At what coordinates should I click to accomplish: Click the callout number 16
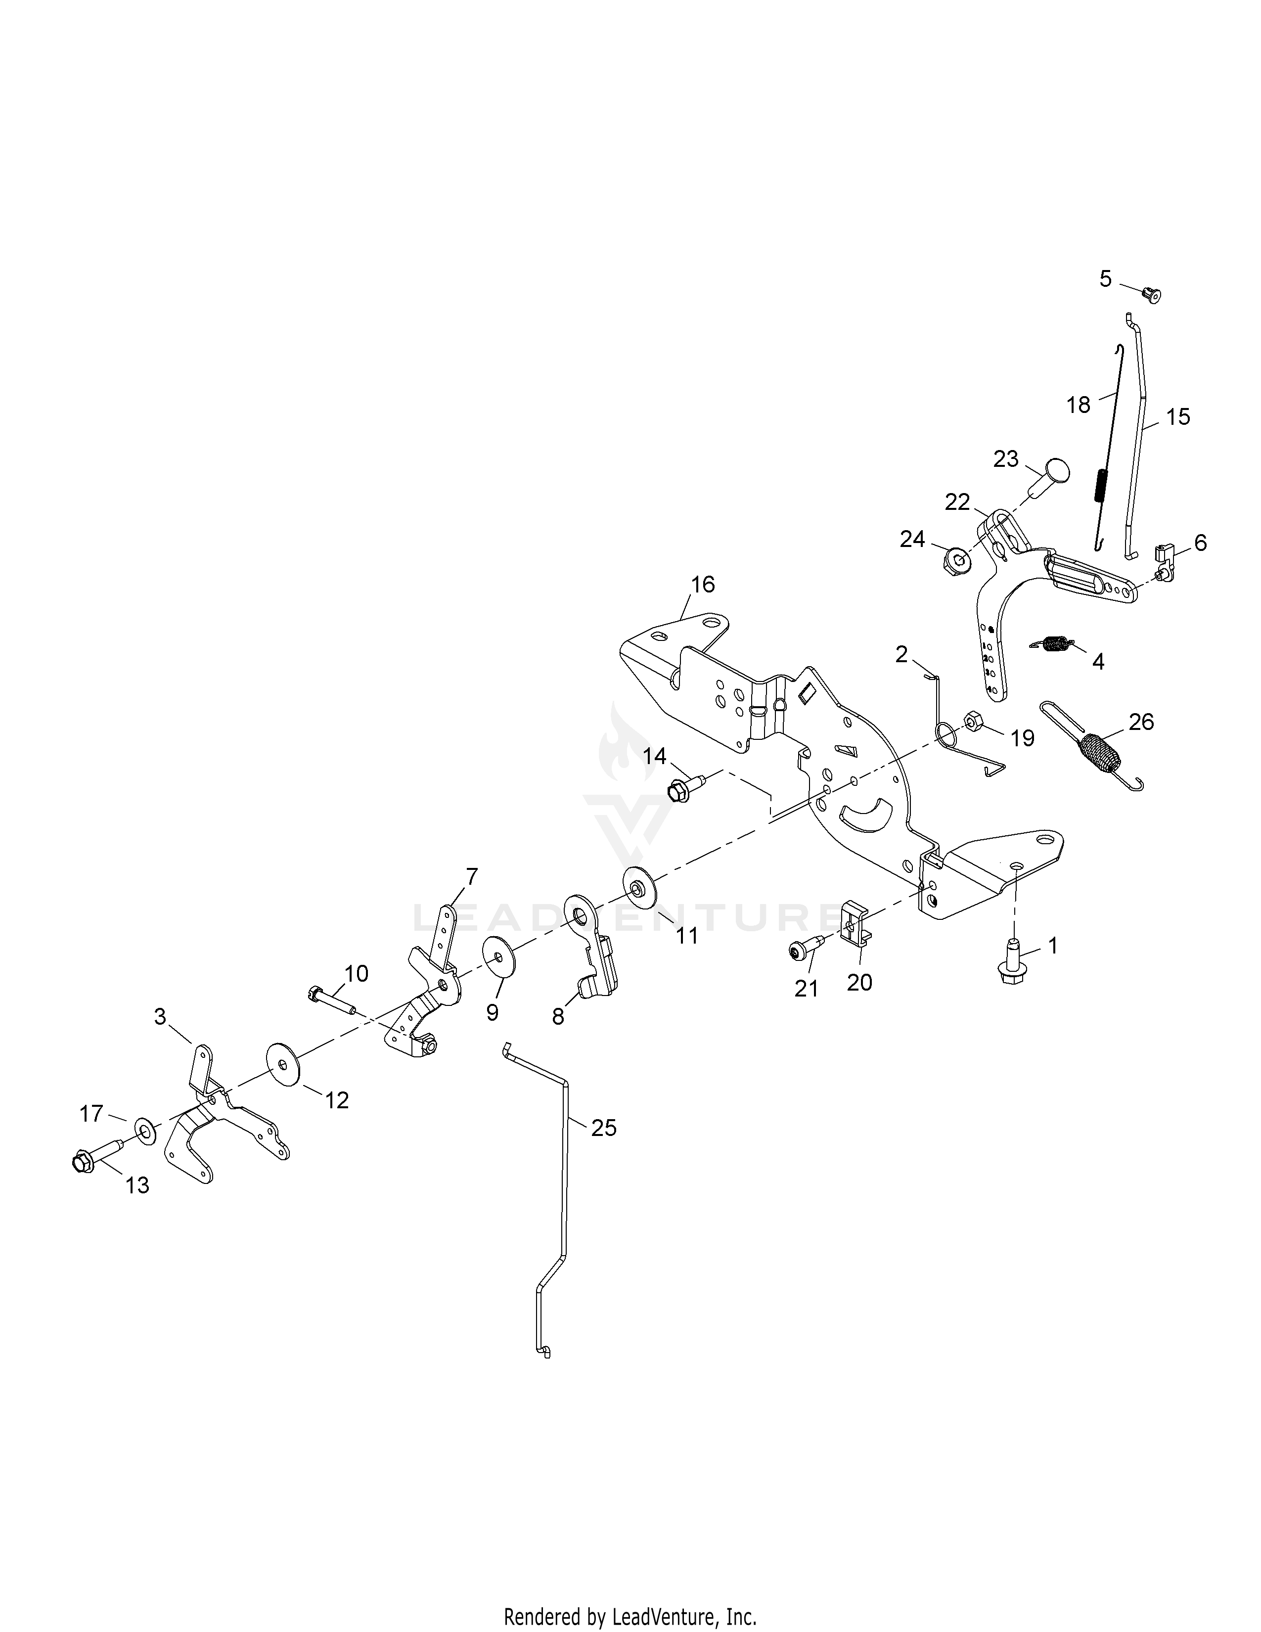[702, 585]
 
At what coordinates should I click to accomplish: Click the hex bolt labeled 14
[683, 788]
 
